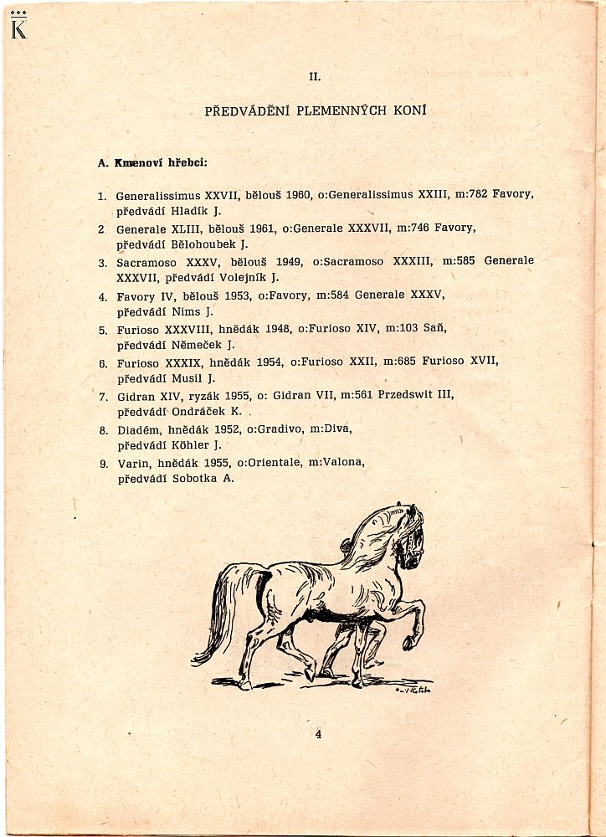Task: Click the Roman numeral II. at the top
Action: click(315, 76)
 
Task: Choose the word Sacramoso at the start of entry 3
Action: click(146, 261)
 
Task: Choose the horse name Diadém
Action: click(137, 429)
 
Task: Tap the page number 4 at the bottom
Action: click(319, 734)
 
